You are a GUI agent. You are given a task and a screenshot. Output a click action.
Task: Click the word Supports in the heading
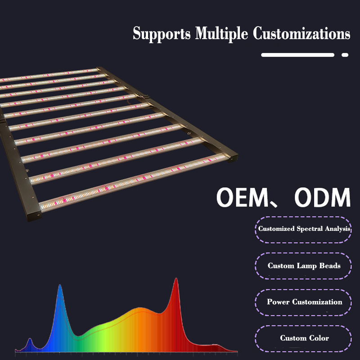[162, 34]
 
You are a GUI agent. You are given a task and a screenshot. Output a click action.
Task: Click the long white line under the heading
[297, 55]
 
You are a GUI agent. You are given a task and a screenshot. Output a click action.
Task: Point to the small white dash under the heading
[345, 55]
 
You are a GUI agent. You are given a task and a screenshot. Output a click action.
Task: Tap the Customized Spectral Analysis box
[304, 229]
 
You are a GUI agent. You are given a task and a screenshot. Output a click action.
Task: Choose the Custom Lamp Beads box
[304, 266]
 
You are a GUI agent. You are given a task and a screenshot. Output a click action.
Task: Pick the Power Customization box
[304, 302]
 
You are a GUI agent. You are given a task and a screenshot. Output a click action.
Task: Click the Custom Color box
[304, 338]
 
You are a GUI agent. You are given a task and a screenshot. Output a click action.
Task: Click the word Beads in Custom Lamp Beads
[330, 266]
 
